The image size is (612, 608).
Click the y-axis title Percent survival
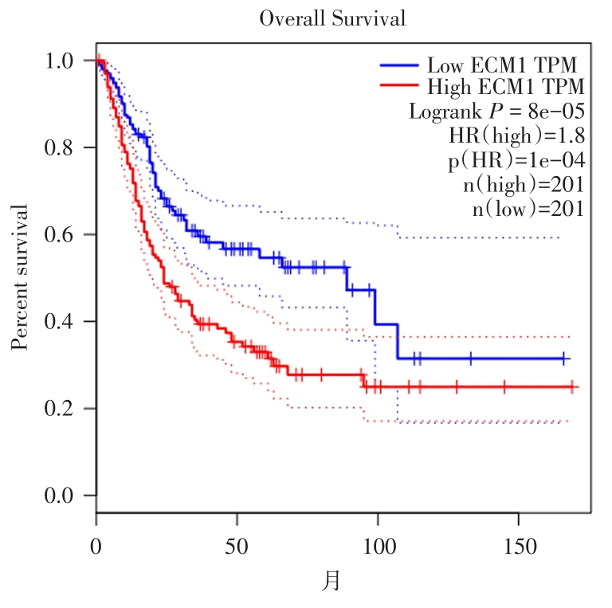click(x=22, y=277)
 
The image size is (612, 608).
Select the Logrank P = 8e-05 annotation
click(x=497, y=111)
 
